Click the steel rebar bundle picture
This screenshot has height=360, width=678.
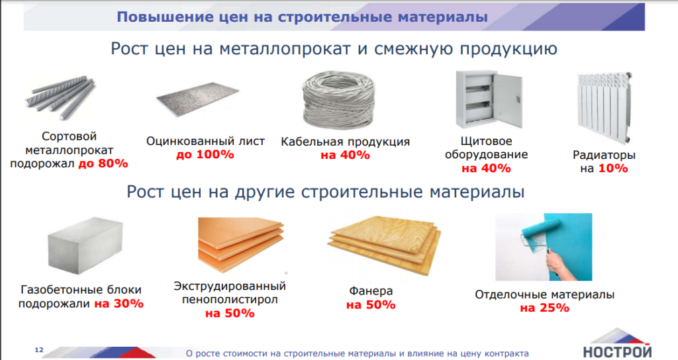coord(60,99)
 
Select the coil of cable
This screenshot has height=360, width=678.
coord(338,101)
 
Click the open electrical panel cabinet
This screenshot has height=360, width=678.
coord(489,99)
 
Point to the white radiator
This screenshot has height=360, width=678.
coord(605,107)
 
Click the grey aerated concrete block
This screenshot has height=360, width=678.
coord(85,246)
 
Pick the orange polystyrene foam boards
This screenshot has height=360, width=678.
coord(241,245)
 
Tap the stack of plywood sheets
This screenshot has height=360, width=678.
coord(385,246)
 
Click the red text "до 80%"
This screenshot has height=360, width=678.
coord(103,164)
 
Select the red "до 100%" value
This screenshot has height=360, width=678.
coord(205,155)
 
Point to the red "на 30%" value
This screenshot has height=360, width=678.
coord(119,304)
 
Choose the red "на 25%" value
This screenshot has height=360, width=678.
coord(544,308)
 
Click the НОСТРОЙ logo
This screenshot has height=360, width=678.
coord(617,343)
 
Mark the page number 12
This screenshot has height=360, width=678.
coord(39,349)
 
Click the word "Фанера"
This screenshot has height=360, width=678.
coord(371,291)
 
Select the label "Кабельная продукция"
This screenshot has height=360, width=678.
coord(346,142)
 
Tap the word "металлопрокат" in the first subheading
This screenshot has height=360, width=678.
coord(285,49)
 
